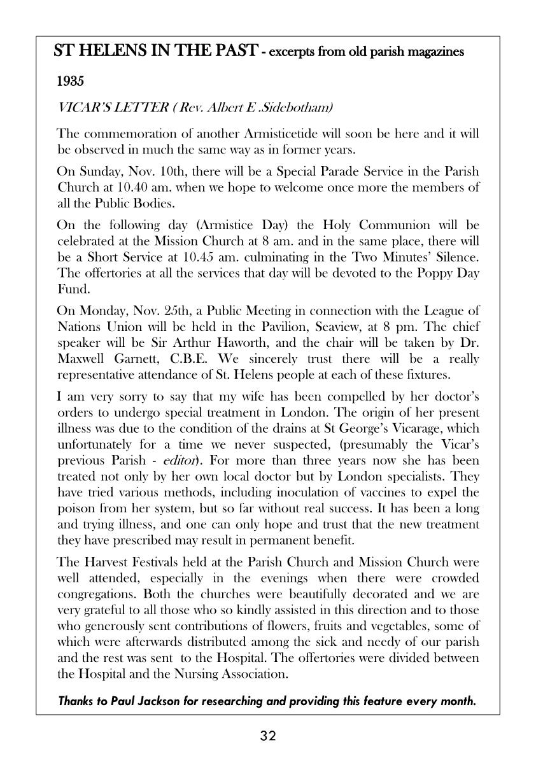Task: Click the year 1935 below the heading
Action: [70, 82]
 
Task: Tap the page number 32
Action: [268, 736]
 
